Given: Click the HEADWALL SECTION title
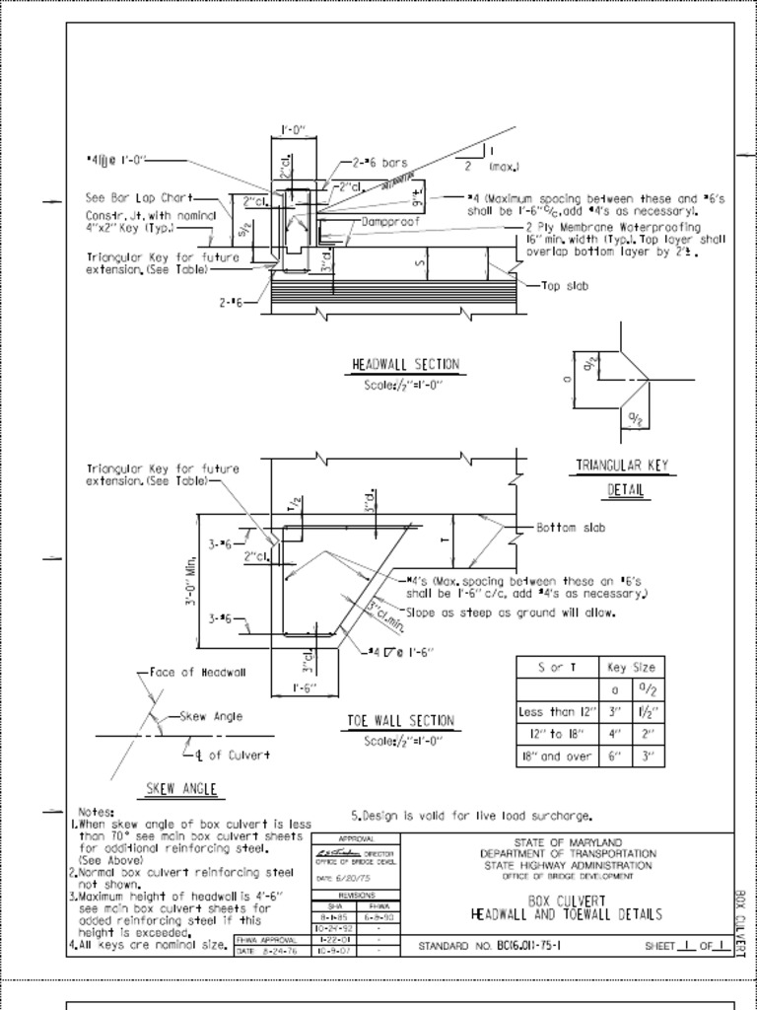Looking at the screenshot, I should tap(405, 365).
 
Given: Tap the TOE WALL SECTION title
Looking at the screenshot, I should tap(401, 721).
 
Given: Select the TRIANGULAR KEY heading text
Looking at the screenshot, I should tap(622, 466).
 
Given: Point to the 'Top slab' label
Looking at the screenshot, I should tap(566, 287).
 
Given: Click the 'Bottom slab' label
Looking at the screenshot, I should tap(572, 528).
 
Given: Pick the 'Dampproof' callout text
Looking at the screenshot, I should tap(390, 222).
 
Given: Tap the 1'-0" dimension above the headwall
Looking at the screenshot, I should tap(294, 129).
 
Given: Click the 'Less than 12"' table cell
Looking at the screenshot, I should tap(558, 711).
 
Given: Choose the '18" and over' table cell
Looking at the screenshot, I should tap(558, 757).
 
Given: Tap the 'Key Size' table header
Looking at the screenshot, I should tap(631, 667).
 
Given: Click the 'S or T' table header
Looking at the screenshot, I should tap(558, 667).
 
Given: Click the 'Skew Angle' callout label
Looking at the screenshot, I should tap(211, 717).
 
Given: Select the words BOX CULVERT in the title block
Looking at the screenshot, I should tap(565, 901).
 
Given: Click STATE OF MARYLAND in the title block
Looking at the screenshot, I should tap(568, 842).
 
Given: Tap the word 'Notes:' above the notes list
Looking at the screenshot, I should tap(97, 812).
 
